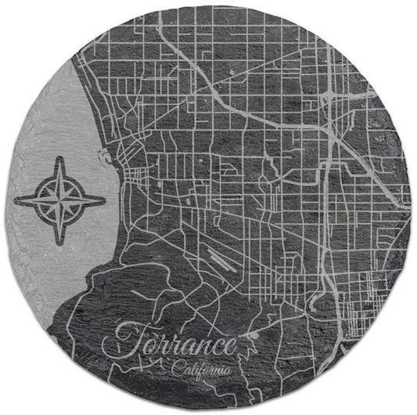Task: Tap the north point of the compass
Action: [x=60, y=158]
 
